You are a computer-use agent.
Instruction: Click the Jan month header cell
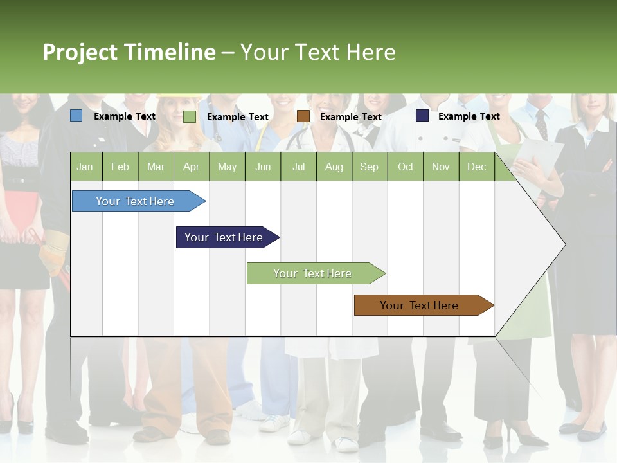point(85,167)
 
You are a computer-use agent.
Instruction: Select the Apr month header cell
point(192,167)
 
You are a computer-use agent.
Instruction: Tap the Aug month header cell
point(334,167)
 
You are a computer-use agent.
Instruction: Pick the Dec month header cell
point(476,167)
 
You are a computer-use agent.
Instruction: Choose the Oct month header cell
point(405,167)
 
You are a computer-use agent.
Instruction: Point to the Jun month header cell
point(263,167)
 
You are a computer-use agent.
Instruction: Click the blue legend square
point(76,116)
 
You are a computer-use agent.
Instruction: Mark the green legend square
point(190,116)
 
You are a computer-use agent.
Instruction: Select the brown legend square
point(303,116)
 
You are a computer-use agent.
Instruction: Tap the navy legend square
point(422,116)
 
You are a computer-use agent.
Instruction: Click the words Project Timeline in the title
point(129,52)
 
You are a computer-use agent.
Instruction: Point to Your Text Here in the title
point(317,52)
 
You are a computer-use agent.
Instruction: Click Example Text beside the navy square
point(469,116)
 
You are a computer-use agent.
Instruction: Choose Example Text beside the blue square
point(124,116)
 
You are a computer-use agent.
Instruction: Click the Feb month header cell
point(120,167)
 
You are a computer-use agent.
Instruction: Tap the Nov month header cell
point(440,167)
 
